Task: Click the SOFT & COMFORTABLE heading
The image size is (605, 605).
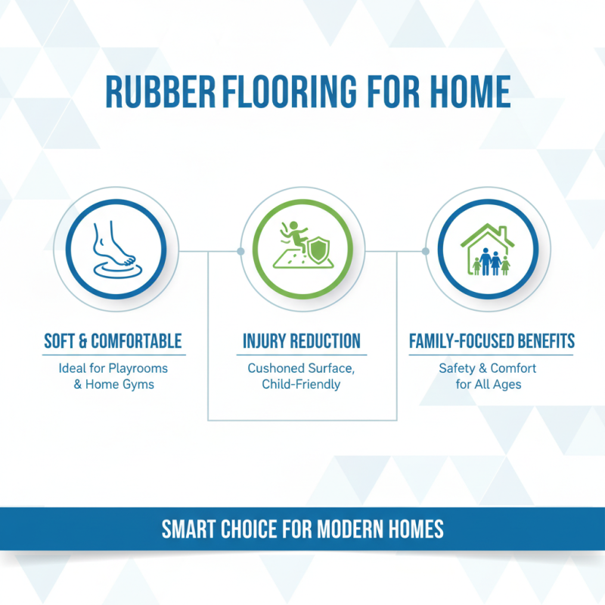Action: click(x=113, y=341)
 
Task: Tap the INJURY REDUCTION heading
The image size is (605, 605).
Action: click(x=302, y=341)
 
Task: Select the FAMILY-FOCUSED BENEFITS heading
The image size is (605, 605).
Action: click(x=492, y=341)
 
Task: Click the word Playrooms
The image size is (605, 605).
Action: click(x=138, y=368)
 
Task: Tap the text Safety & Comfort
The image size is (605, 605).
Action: click(x=488, y=368)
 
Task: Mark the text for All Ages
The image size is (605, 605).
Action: click(x=488, y=384)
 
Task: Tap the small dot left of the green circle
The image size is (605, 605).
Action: click(x=240, y=250)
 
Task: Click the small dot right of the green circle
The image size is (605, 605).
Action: click(x=365, y=250)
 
